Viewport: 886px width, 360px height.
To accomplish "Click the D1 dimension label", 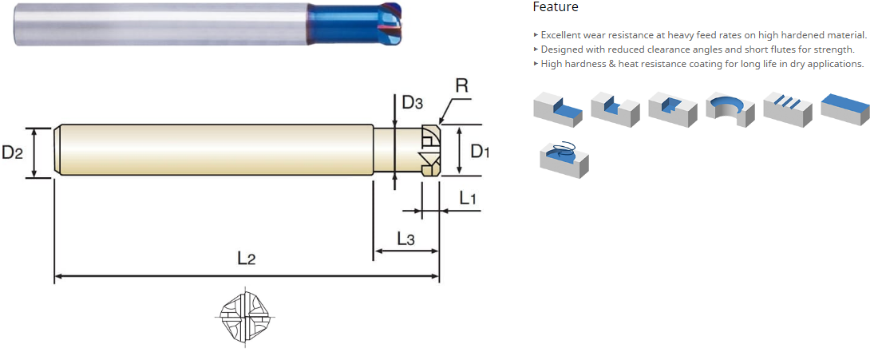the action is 481,152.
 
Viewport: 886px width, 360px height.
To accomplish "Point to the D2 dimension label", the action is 12,152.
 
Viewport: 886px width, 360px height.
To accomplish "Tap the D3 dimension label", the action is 412,102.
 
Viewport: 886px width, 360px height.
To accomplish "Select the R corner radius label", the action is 461,86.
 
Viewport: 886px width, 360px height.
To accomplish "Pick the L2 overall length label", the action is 247,259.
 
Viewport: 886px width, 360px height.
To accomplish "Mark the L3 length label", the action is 405,239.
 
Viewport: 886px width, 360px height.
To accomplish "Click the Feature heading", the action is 556,7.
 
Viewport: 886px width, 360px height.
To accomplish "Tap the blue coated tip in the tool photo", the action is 355,22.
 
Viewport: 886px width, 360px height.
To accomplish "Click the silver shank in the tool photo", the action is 161,24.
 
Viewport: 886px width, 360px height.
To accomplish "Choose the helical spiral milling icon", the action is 564,158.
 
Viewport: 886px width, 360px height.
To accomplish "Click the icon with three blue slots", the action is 788,108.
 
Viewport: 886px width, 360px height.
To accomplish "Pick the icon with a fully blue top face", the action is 845,109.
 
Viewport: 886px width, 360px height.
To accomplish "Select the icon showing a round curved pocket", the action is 730,109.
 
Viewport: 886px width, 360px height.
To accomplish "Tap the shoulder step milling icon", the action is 558,108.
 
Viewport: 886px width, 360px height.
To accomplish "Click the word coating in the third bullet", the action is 704,64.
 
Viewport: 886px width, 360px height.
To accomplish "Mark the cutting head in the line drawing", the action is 430,150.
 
